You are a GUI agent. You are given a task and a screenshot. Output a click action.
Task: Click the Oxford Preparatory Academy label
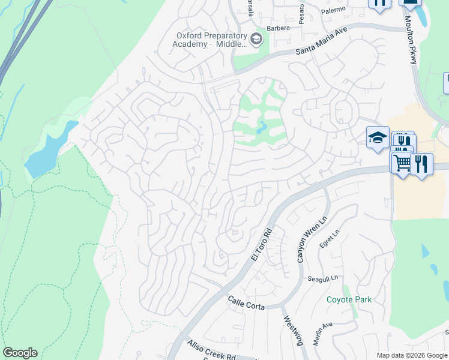pyautogui.click(x=209, y=39)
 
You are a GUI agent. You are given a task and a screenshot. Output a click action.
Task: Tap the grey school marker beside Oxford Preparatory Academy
pyautogui.click(x=256, y=40)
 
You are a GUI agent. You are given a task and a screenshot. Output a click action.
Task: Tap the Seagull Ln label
pyautogui.click(x=323, y=278)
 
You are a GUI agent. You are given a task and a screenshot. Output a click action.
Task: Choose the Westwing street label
pyautogui.click(x=292, y=331)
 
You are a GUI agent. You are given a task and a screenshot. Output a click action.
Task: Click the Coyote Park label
pyautogui.click(x=349, y=299)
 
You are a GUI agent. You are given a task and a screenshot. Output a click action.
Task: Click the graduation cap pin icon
pyautogui.click(x=378, y=138)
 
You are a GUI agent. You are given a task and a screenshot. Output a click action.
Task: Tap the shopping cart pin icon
pyautogui.click(x=402, y=161)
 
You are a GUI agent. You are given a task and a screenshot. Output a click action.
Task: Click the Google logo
pyautogui.click(x=20, y=353)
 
